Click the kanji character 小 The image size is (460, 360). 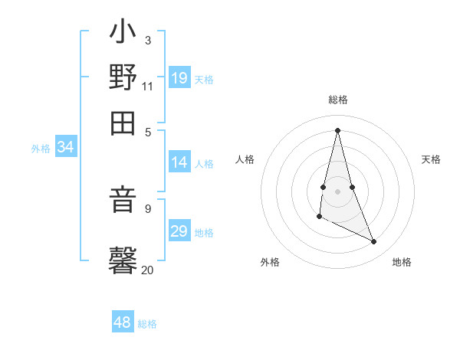tap(123, 34)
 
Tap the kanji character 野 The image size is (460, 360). tap(123, 77)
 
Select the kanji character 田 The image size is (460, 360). tap(123, 122)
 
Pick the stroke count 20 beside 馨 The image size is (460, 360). tap(147, 270)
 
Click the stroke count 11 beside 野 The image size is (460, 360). tap(148, 87)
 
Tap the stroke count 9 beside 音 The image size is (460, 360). tap(148, 208)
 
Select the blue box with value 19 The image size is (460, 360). tap(179, 77)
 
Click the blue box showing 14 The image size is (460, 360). tap(179, 162)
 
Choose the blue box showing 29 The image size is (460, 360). tap(179, 231)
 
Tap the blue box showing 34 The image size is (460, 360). tap(65, 148)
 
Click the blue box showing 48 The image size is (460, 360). tap(123, 322)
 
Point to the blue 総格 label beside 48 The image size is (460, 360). tap(147, 324)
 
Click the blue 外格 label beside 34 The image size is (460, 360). tap(41, 149)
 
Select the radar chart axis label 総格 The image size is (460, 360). tap(338, 100)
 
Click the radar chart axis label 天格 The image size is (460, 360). tap(432, 159)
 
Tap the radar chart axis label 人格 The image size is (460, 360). tap(245, 159)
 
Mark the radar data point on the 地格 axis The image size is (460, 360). tap(374, 242)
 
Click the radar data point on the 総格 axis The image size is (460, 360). tap(337, 129)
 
